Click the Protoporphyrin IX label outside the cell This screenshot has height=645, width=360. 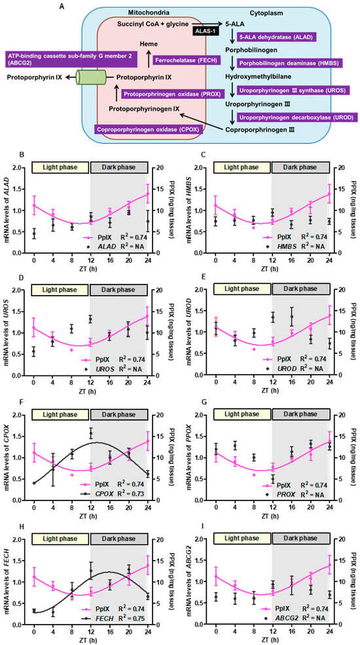click(37, 77)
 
